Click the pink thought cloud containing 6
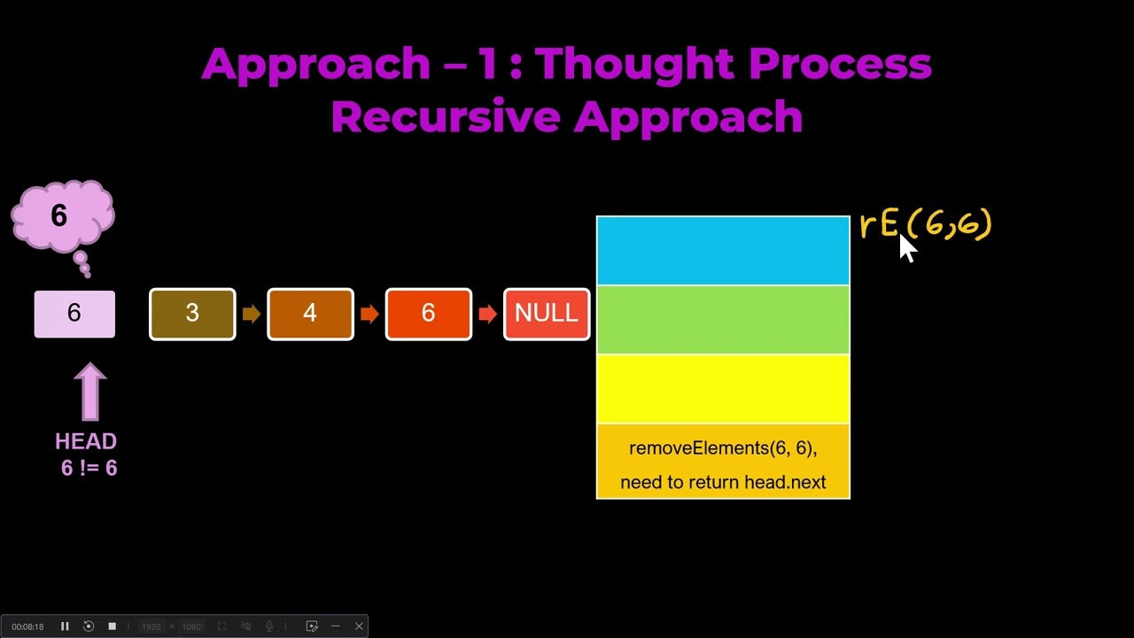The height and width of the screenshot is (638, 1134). click(62, 216)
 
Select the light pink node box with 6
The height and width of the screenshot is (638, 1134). click(74, 314)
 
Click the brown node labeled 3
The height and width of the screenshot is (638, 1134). click(192, 314)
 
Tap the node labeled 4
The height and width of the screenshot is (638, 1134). click(310, 314)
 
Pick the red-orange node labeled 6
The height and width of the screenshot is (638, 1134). click(428, 314)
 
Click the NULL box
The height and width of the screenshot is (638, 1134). click(546, 314)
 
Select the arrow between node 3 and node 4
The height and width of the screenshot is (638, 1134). click(252, 314)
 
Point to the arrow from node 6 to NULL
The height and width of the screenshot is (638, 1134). click(487, 314)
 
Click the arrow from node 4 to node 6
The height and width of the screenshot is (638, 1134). click(369, 314)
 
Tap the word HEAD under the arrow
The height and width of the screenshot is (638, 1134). click(86, 441)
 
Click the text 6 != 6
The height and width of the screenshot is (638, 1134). click(89, 468)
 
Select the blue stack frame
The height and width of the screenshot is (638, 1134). click(723, 251)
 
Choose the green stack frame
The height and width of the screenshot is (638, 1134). click(723, 320)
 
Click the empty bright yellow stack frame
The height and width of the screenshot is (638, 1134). click(723, 389)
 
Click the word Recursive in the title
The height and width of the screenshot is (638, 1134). click(445, 117)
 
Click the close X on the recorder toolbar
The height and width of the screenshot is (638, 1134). click(359, 626)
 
